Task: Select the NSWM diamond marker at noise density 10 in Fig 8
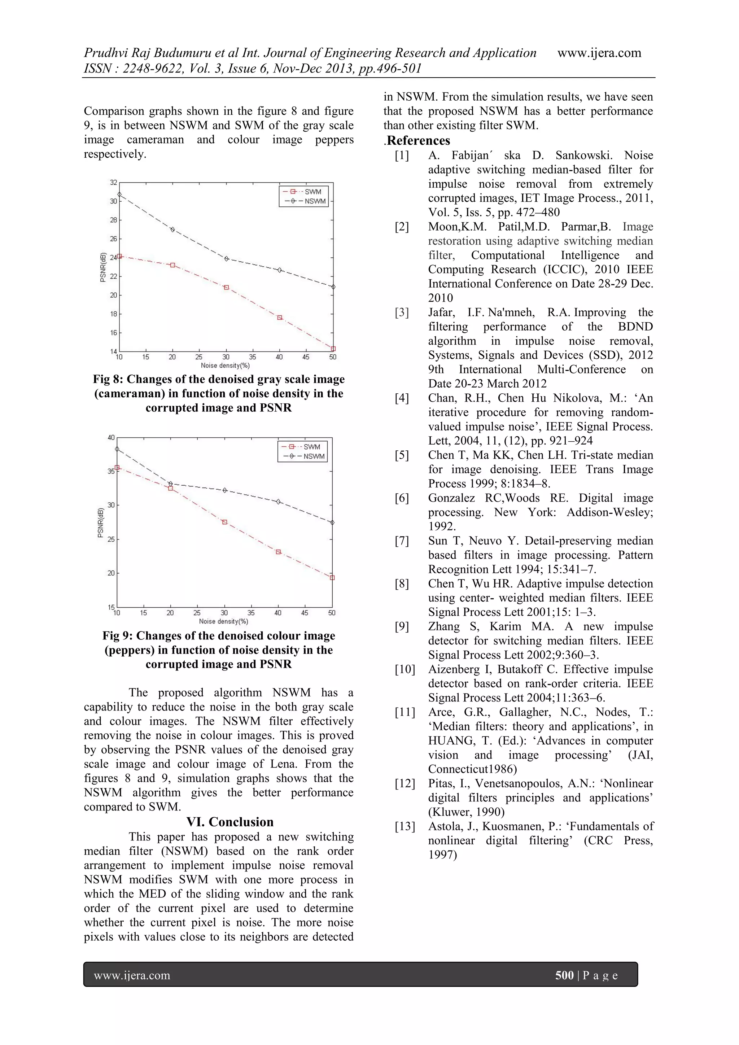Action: tap(119, 194)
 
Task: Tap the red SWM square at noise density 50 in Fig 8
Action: tap(333, 349)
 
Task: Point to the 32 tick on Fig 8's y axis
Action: tap(113, 183)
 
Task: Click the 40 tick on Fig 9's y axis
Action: tap(111, 437)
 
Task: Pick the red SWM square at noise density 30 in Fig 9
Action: tap(224, 522)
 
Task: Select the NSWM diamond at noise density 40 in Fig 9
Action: tap(279, 502)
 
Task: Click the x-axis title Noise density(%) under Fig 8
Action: tap(225, 366)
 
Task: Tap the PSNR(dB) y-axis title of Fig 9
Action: tap(101, 522)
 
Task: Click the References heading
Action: tap(418, 141)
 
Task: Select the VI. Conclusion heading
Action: tap(230, 822)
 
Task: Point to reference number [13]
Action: tap(405, 826)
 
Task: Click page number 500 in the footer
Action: tap(564, 975)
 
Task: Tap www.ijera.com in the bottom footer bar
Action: tap(132, 975)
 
